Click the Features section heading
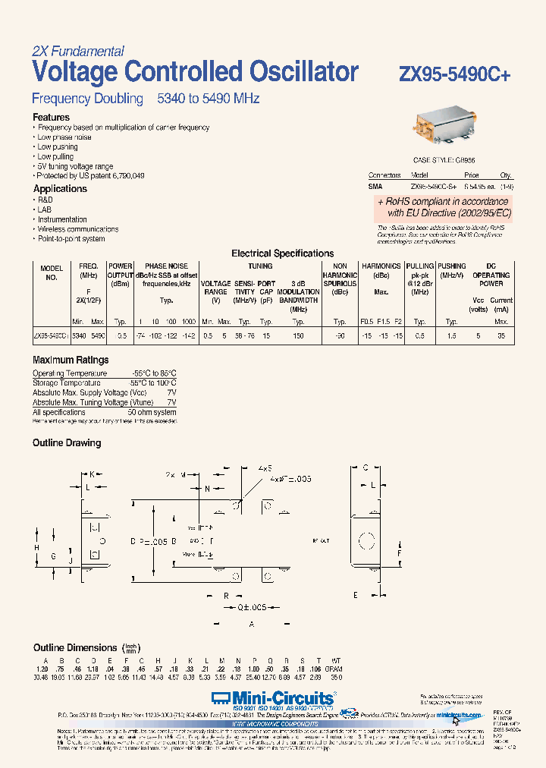pos(51,118)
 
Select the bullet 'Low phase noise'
pos(64,137)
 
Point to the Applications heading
pos(60,189)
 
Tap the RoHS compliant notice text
pos(444,207)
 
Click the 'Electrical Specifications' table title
pos(282,253)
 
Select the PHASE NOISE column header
pos(166,267)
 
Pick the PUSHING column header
pos(452,267)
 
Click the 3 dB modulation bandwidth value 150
pos(298,335)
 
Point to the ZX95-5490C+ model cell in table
pos(51,335)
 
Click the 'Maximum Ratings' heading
pos(71,360)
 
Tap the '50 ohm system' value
pos(152,412)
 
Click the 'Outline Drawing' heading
pos(67,443)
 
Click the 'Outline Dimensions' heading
pos(75,647)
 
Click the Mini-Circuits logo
pos(273,697)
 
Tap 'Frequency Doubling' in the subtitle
pos(87,99)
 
